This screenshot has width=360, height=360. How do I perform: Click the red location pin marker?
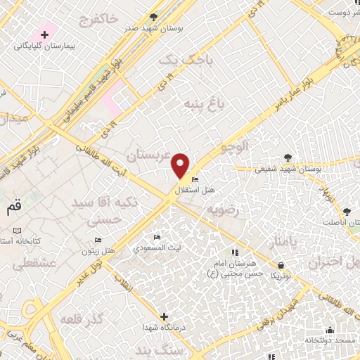(181, 165)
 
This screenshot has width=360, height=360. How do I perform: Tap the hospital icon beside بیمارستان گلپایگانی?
(44, 34)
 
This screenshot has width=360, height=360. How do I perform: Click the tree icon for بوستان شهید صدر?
(154, 17)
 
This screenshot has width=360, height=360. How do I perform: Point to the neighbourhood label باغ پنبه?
(203, 105)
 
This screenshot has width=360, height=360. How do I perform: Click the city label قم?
(14, 207)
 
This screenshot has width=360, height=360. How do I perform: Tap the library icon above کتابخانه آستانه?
(17, 231)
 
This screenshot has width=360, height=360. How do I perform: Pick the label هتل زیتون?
(98, 251)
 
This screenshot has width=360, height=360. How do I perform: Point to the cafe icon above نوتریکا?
(281, 266)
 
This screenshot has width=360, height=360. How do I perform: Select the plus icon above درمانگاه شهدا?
(164, 316)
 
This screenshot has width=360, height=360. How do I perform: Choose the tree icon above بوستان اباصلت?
(347, 211)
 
